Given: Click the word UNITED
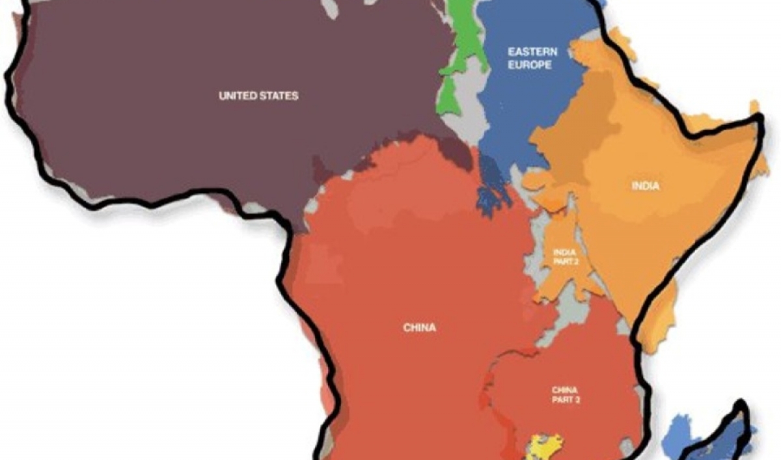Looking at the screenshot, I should pyautogui.click(x=237, y=96).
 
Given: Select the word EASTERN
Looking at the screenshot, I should pyautogui.click(x=530, y=51).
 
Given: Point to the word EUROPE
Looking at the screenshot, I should pyautogui.click(x=530, y=64).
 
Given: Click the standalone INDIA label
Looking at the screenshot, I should pyautogui.click(x=645, y=186).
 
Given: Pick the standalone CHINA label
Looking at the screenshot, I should pyautogui.click(x=419, y=327).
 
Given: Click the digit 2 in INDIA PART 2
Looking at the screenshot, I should pyautogui.click(x=576, y=262).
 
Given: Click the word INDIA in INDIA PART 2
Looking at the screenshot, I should pyautogui.click(x=564, y=252).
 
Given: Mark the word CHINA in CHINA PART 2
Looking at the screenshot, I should pyautogui.click(x=564, y=390).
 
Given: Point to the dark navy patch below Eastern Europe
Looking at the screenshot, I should pyautogui.click(x=492, y=189).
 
